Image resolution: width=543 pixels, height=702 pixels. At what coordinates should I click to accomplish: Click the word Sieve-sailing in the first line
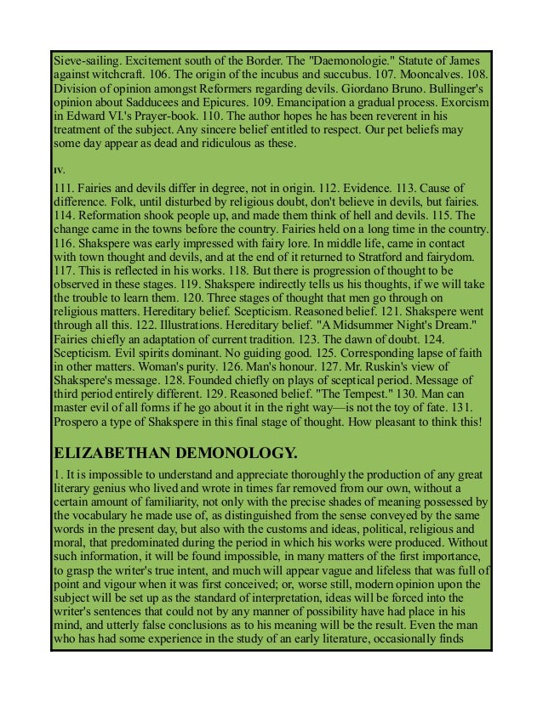coord(83,61)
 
